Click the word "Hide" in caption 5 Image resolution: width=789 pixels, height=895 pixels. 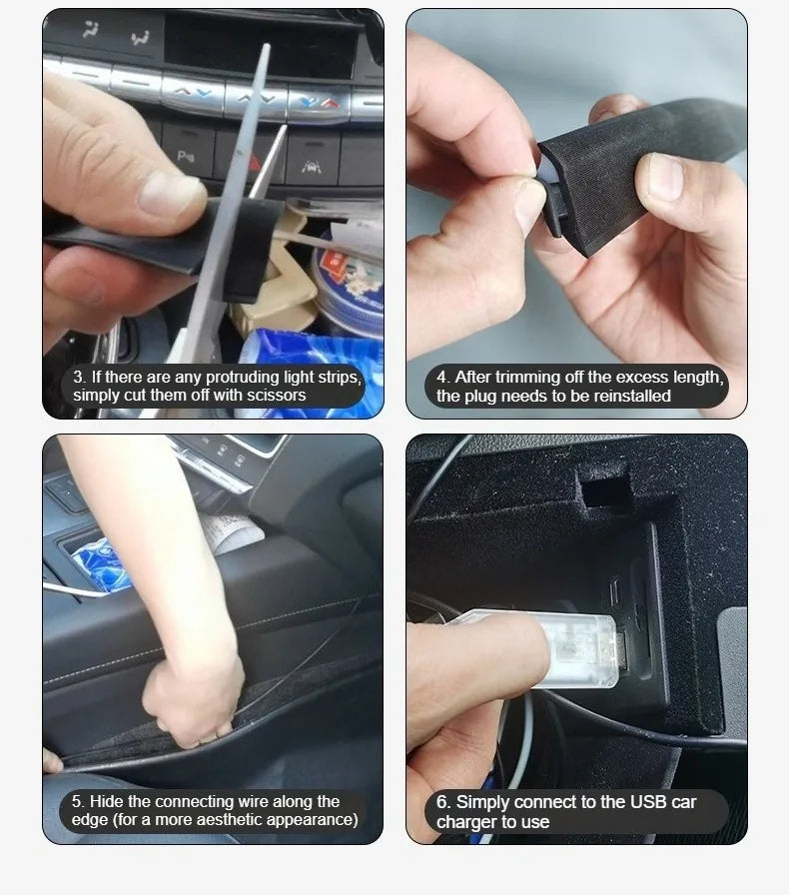(x=107, y=801)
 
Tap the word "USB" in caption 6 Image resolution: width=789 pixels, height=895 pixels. (x=648, y=802)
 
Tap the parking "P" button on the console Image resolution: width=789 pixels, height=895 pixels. (x=185, y=155)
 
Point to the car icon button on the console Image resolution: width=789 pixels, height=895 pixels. (x=312, y=167)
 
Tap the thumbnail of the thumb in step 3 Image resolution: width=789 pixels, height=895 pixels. (x=172, y=194)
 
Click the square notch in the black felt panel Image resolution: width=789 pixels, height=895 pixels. (x=606, y=488)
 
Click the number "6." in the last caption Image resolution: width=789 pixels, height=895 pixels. (x=443, y=802)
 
